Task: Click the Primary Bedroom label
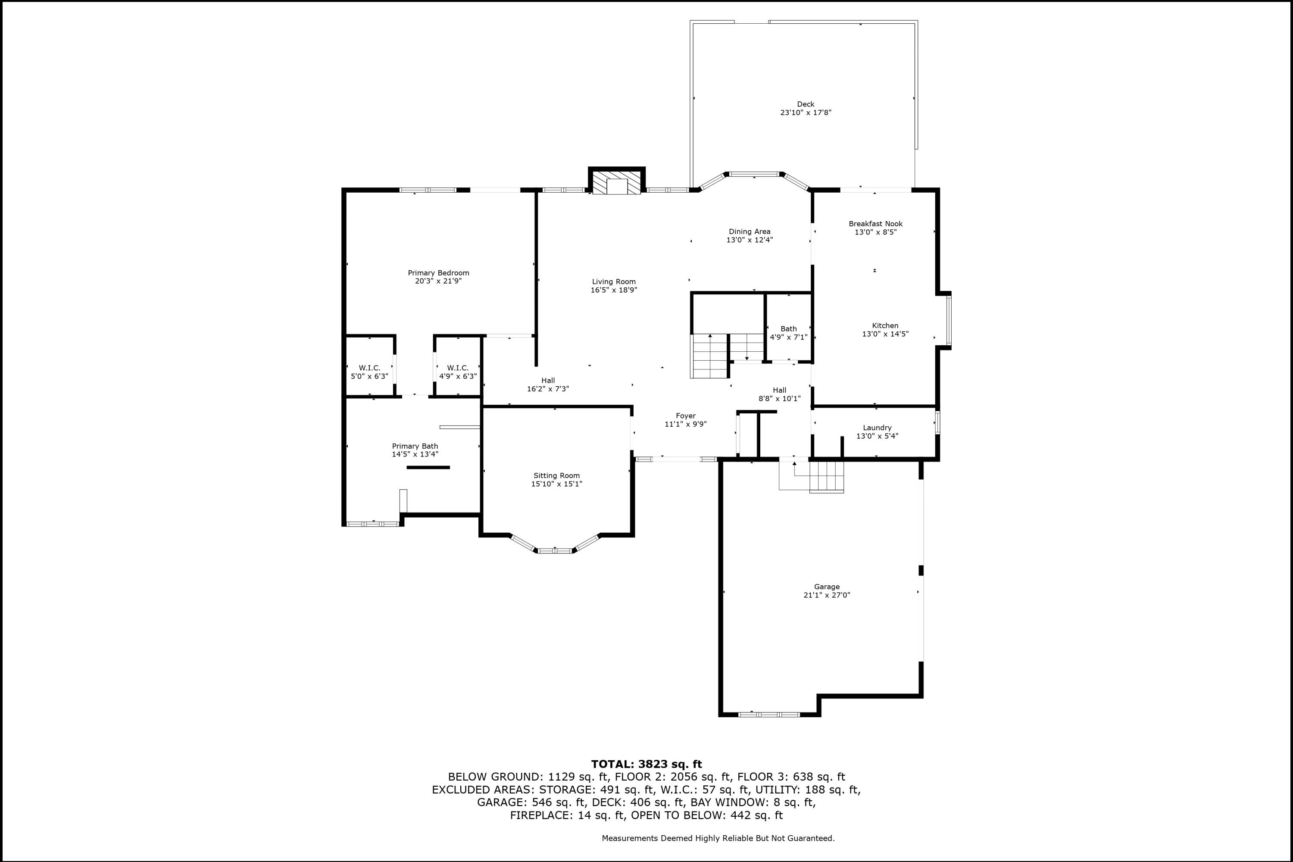pos(438,273)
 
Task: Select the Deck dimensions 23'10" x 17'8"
pos(806,112)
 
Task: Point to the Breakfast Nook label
pos(875,224)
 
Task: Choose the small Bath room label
pos(788,329)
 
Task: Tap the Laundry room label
pos(877,428)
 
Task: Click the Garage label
pos(826,587)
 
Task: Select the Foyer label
pos(686,415)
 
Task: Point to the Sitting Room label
pos(556,475)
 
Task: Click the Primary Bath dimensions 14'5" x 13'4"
pos(415,454)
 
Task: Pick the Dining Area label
pos(750,231)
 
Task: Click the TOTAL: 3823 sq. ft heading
pos(646,764)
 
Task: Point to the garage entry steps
pos(826,477)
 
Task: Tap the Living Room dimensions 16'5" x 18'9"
pos(613,290)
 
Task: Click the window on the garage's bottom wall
pos(768,714)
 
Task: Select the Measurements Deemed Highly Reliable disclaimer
pos(718,838)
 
